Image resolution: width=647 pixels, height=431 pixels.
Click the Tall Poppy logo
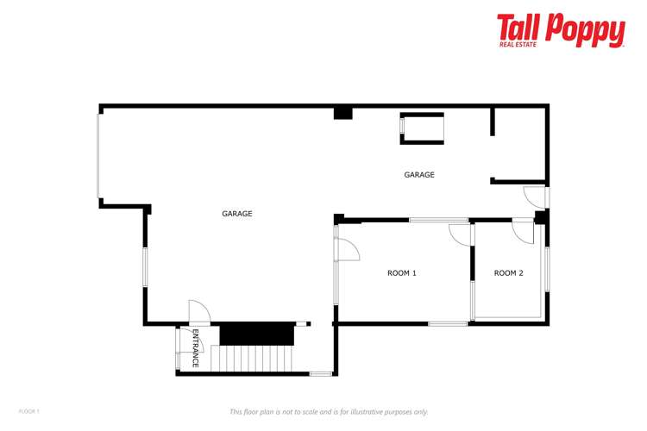561,30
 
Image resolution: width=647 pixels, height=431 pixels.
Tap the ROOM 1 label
402,273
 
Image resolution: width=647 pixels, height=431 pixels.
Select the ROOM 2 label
508,273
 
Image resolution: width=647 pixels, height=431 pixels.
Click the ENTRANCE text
196,348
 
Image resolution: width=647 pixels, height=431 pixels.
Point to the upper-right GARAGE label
419,175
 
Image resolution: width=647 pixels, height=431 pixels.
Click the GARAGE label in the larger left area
237,214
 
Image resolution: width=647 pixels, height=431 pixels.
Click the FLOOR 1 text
29,411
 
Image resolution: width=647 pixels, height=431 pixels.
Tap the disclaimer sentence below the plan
329,412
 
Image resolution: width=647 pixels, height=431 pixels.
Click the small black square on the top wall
343,112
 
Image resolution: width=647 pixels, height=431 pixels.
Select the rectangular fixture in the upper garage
422,128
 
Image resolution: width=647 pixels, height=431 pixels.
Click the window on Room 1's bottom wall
448,323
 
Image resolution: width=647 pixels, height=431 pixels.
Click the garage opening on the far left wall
99,155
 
